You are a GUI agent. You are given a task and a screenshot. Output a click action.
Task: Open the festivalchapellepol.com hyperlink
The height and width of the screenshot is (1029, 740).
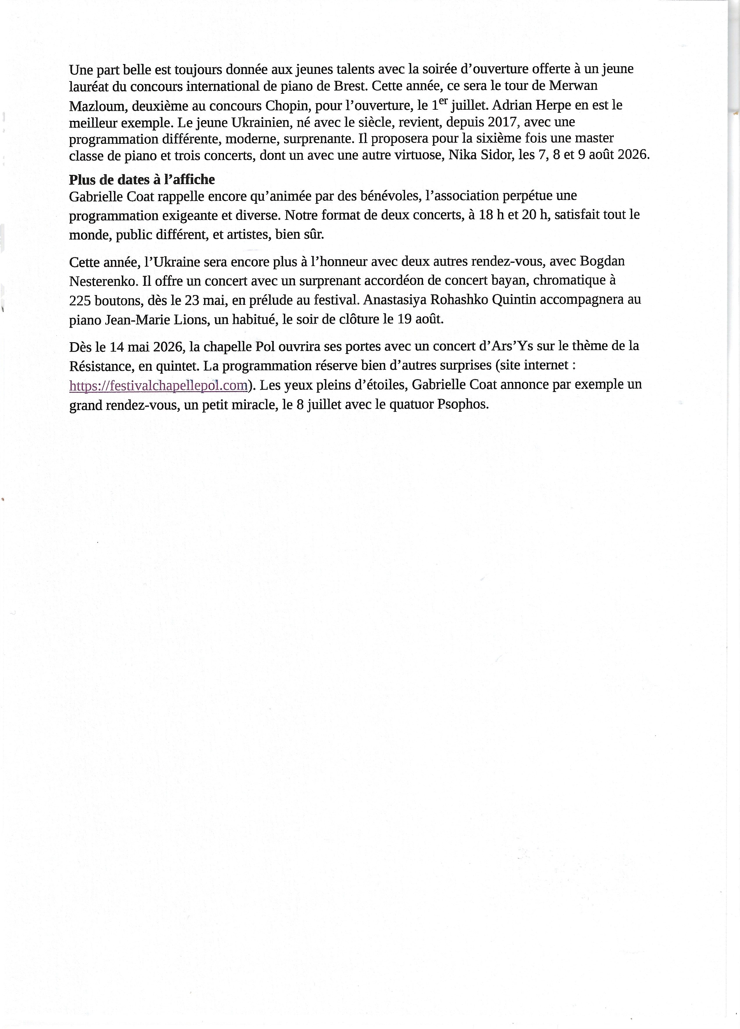pos(158,385)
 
